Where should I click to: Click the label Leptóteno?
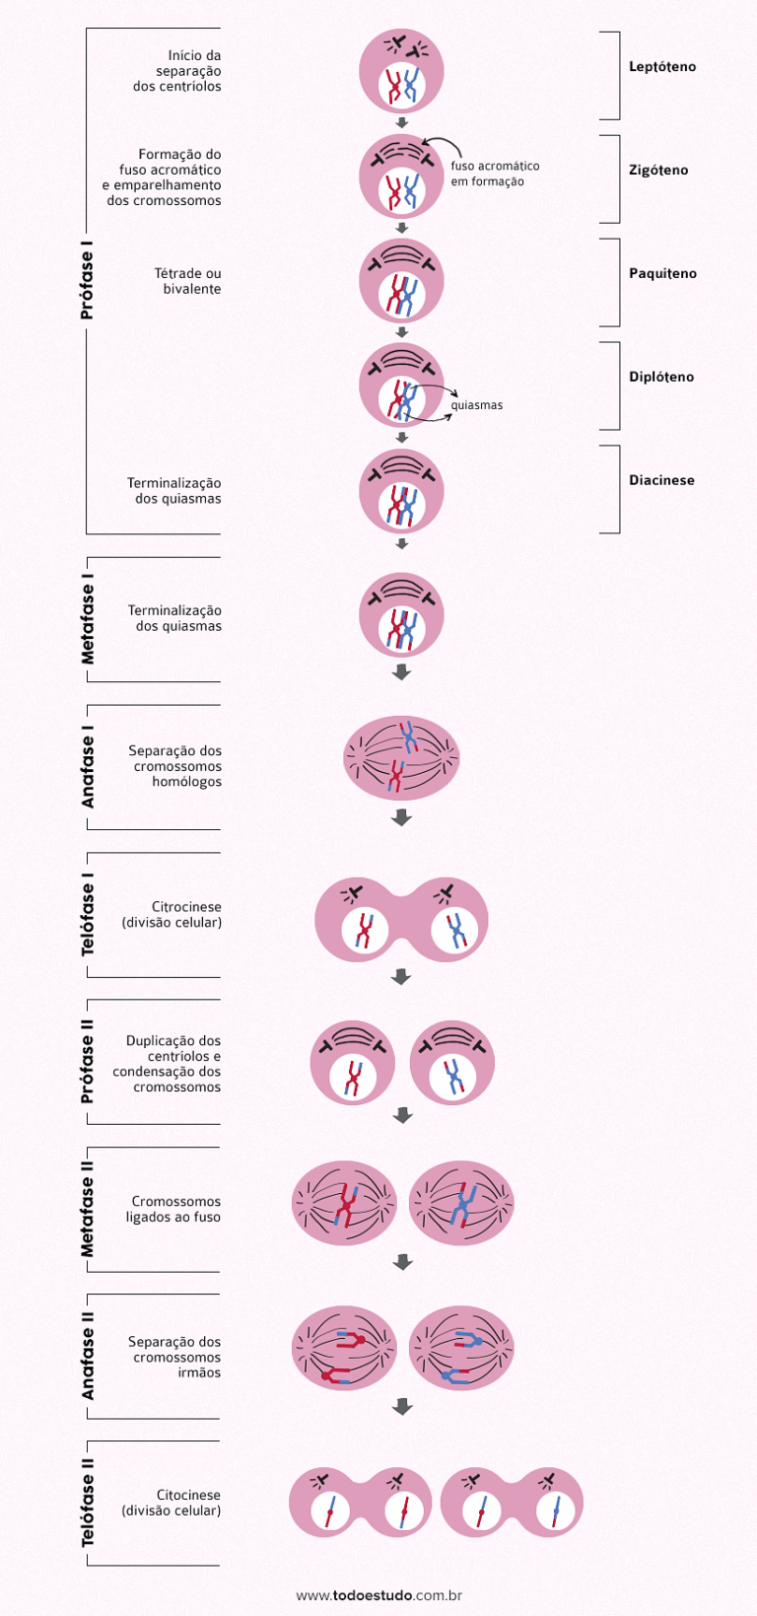[662, 67]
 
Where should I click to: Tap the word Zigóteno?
[658, 171]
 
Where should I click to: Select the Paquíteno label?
[662, 274]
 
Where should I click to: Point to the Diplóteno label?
[661, 378]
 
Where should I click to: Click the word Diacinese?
[661, 481]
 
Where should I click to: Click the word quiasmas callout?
[477, 405]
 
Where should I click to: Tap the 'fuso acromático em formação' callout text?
[495, 174]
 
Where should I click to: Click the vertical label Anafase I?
[88, 767]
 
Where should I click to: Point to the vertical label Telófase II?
[88, 1503]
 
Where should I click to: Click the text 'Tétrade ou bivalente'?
[187, 281]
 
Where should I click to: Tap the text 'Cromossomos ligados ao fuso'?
[173, 1209]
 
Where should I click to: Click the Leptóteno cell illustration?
[401, 71]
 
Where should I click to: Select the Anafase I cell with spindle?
[401, 758]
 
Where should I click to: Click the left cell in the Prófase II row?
[352, 1063]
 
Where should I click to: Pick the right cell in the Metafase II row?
[461, 1203]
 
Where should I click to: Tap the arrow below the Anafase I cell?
[401, 817]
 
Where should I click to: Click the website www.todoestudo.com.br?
[379, 1594]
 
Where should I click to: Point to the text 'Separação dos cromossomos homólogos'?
[174, 766]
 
